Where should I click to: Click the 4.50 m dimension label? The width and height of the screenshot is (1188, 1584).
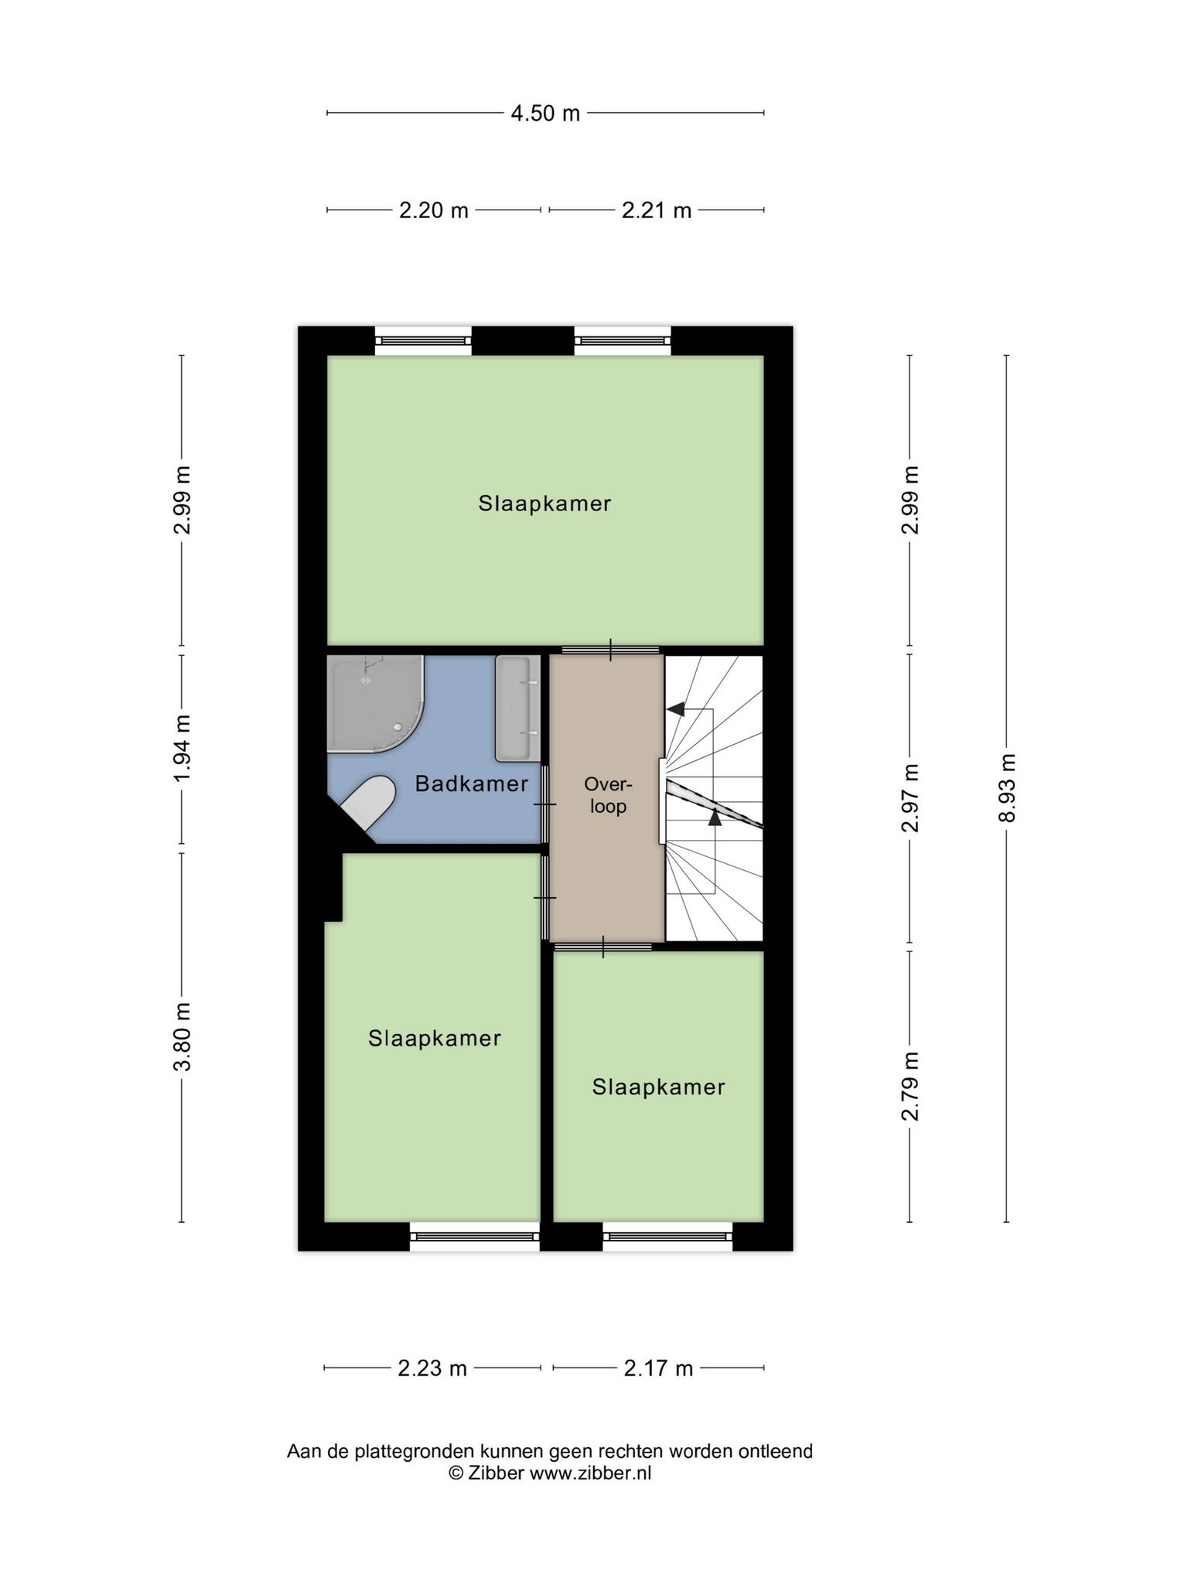tap(545, 114)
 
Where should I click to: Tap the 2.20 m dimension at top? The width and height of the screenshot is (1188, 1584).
tap(434, 210)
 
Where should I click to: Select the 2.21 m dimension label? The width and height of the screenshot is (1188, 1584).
tap(657, 210)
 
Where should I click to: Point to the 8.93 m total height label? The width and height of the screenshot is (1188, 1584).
tap(1006, 787)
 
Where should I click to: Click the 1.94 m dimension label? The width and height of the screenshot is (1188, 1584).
tap(182, 749)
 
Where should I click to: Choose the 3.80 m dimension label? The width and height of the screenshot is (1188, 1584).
tap(182, 1037)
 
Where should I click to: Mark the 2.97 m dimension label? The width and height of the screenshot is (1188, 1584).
tap(910, 797)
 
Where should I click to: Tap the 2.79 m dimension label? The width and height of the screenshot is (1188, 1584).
tap(910, 1086)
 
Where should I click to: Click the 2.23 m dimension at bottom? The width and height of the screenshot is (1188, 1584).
tap(432, 1368)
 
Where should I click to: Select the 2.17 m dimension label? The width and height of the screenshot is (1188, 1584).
tap(658, 1368)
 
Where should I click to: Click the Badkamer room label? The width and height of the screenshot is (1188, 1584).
tap(472, 783)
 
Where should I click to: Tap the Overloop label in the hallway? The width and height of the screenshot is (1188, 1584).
tap(608, 795)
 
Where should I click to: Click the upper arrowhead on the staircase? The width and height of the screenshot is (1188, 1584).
tap(676, 708)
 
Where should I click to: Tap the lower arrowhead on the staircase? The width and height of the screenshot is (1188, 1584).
tap(715, 816)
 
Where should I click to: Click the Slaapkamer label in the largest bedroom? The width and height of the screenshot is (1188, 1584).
tap(544, 504)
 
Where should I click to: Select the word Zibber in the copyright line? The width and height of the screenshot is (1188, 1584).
tap(495, 1473)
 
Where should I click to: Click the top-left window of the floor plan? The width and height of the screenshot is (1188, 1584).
tap(423, 340)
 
